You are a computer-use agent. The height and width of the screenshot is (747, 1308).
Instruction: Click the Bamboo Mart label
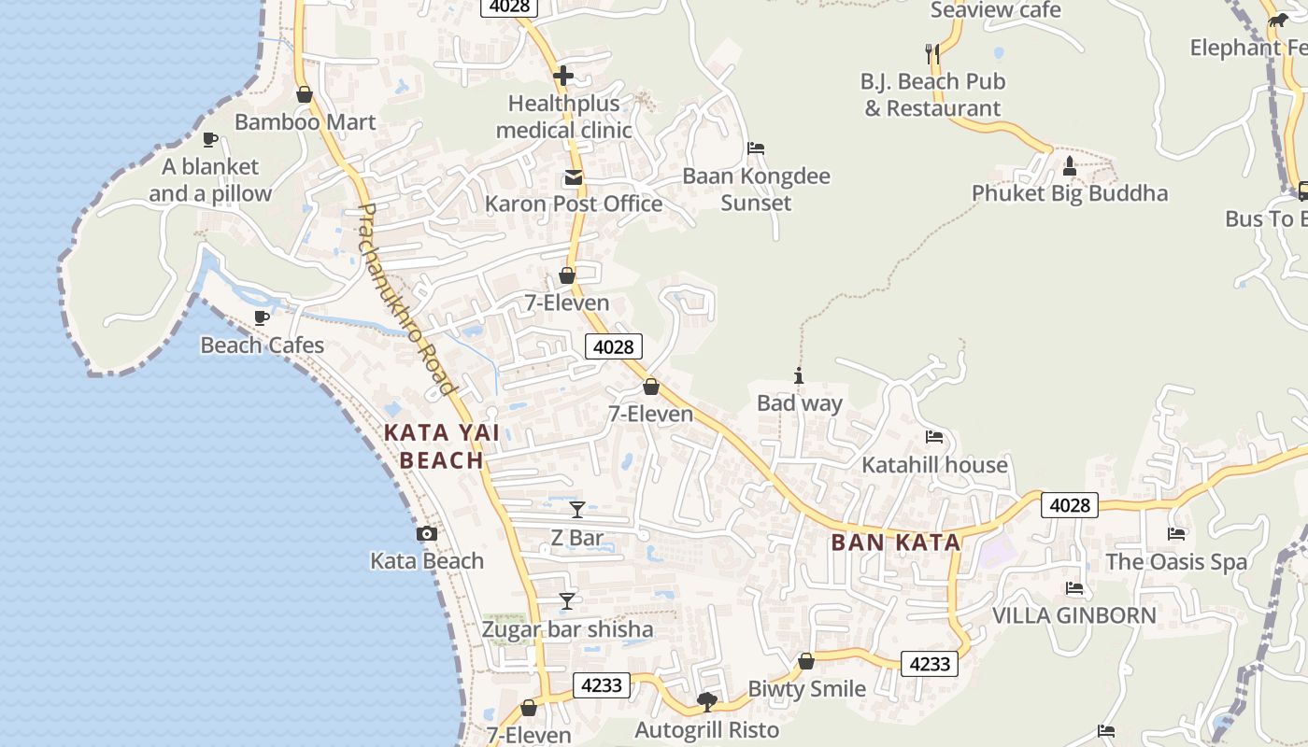tap(306, 122)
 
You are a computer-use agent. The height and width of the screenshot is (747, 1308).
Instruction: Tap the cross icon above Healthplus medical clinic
tap(563, 76)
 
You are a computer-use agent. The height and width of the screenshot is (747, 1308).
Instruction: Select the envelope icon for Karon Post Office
tap(573, 177)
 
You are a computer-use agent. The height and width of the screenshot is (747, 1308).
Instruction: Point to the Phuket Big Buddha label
tap(1070, 193)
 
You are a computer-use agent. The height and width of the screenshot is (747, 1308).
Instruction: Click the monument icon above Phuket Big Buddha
tap(1070, 166)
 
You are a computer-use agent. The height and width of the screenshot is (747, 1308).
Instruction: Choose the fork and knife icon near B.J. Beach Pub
tap(931, 53)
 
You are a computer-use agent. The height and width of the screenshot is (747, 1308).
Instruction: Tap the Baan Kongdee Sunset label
tap(756, 190)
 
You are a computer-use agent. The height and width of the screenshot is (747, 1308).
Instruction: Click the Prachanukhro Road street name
tap(407, 299)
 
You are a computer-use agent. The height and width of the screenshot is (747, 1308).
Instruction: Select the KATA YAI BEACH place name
tap(442, 446)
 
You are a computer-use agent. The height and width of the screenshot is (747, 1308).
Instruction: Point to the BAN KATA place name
tap(896, 543)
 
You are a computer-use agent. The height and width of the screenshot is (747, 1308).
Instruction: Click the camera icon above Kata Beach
tap(427, 534)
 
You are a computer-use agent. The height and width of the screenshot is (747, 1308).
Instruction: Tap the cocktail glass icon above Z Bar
tap(577, 510)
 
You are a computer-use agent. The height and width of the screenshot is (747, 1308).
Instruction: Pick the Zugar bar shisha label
tap(567, 629)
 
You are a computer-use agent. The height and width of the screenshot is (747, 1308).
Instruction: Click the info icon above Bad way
tap(799, 376)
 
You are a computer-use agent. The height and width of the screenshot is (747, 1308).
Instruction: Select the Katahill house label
tap(934, 465)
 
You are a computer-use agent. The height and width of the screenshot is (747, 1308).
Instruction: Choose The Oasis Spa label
tap(1176, 562)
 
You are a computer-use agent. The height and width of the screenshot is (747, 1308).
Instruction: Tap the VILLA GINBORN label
tap(1073, 615)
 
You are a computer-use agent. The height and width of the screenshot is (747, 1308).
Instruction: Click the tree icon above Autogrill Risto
tap(707, 701)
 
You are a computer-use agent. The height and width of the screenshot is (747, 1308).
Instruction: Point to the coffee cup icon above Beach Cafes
tap(262, 318)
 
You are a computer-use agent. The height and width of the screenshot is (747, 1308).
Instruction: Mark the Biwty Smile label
tap(806, 689)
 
